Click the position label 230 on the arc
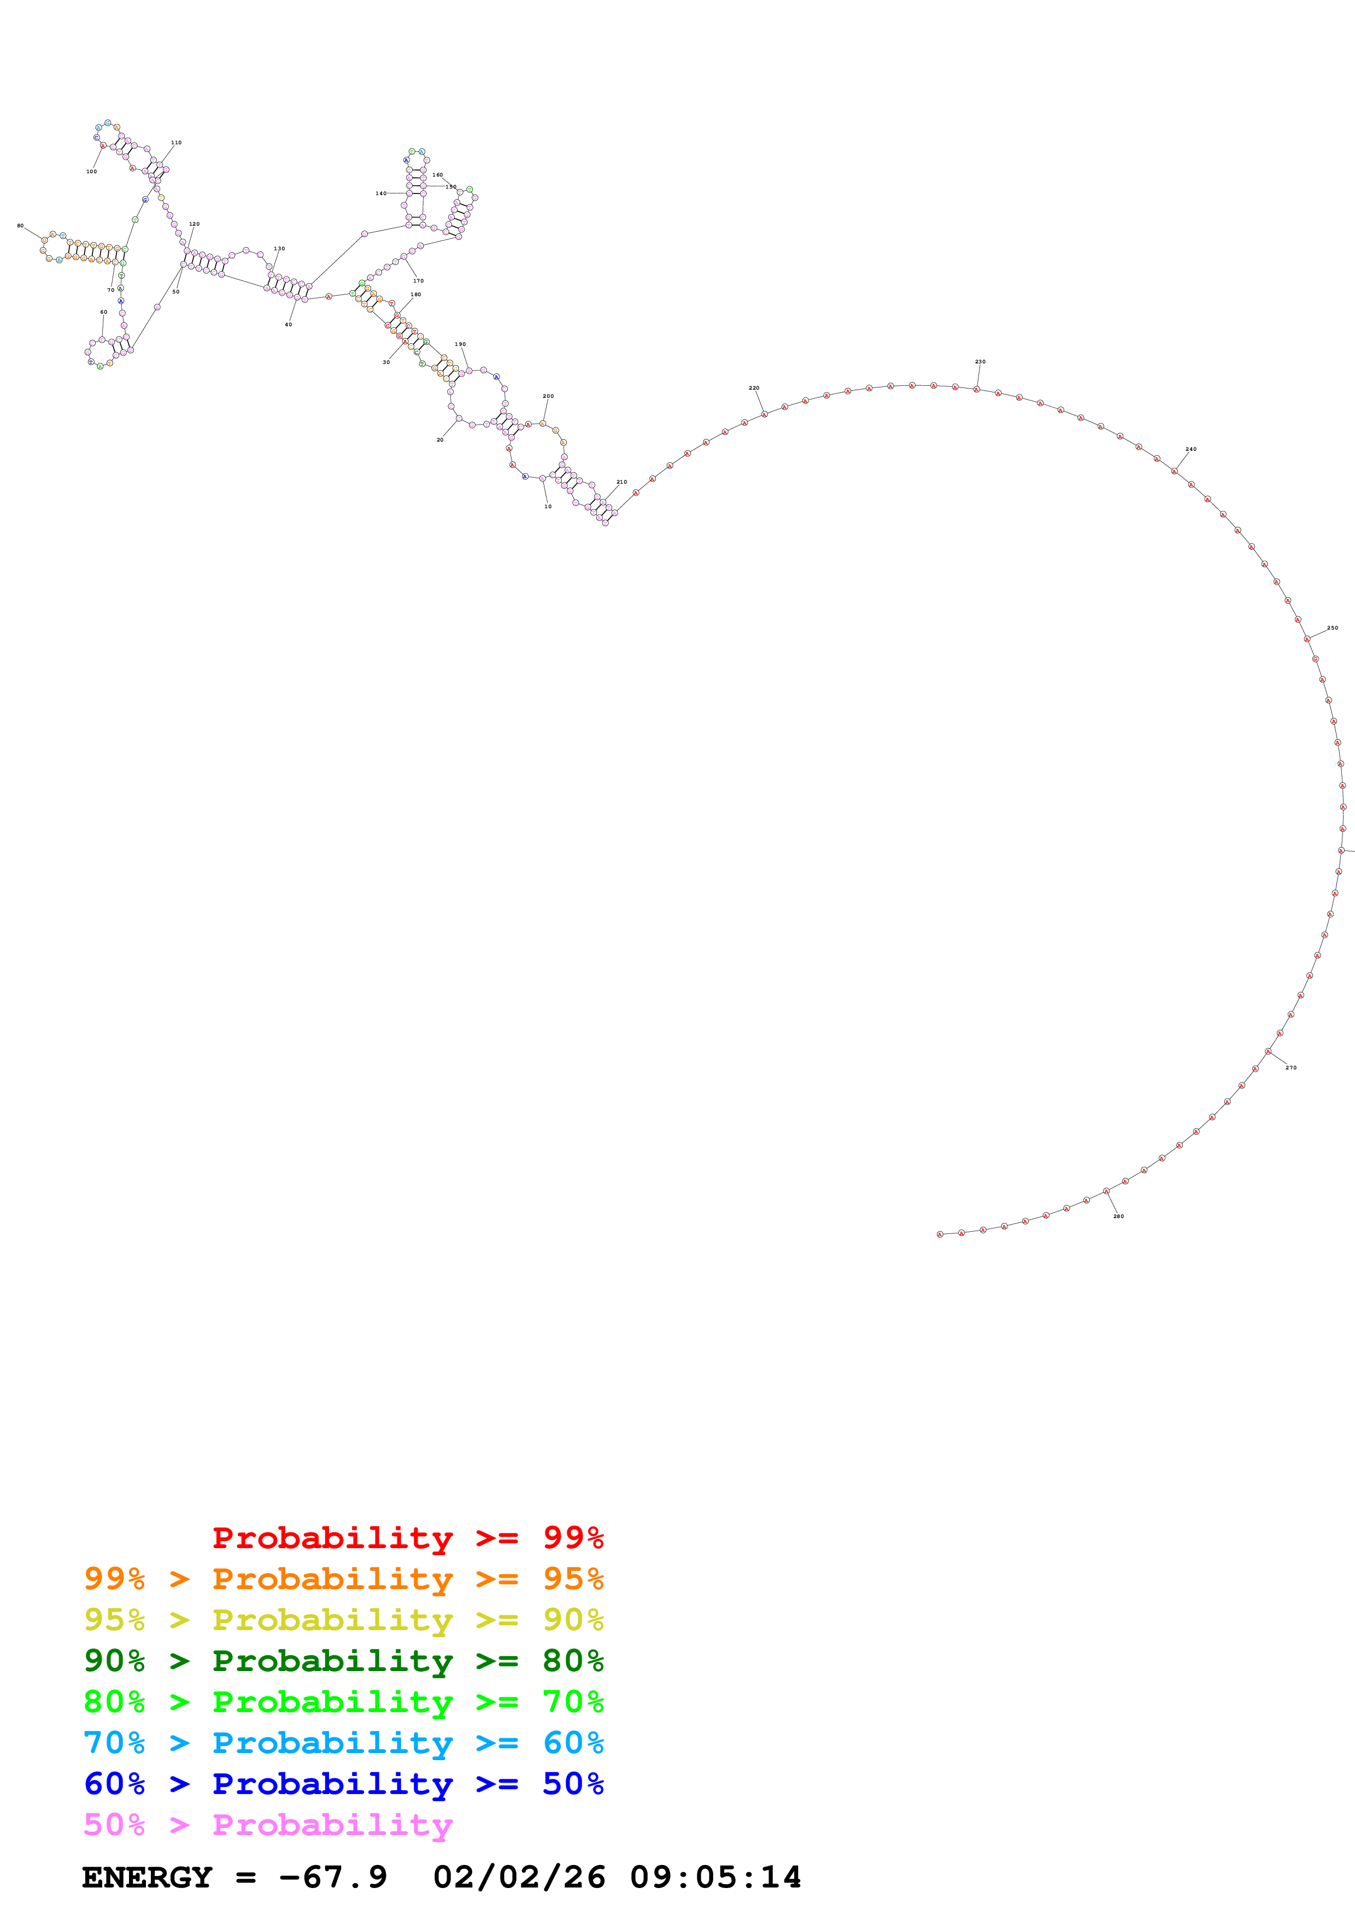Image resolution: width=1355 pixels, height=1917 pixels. [980, 362]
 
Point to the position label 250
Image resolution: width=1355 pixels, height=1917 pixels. [1333, 628]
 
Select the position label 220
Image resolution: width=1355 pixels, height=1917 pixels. [754, 388]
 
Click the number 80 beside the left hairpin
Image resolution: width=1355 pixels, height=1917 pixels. [20, 226]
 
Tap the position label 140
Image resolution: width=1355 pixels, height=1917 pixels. [381, 193]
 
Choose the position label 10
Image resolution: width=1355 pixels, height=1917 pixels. [548, 507]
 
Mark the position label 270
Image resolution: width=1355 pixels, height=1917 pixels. [1291, 1068]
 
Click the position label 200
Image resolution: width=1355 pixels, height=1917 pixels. [548, 397]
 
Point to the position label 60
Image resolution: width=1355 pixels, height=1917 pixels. [103, 312]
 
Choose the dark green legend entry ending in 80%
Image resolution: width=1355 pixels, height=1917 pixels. [343, 1661]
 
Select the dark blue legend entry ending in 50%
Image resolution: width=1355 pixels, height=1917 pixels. [343, 1784]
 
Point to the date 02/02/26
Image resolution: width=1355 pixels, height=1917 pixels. [519, 1877]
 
